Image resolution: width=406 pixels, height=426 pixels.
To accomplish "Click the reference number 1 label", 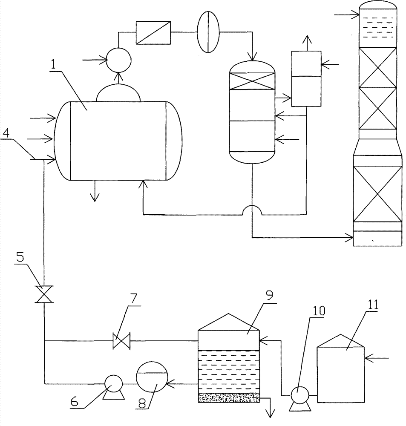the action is coord(53,64).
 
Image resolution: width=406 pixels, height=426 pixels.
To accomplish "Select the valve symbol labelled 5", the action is coord(44,294).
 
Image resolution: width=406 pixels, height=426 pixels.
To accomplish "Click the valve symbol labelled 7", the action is coord(121,340).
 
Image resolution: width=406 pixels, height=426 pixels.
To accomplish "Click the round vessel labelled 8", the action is coord(152,377).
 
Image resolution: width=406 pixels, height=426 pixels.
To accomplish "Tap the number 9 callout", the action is coord(269,295).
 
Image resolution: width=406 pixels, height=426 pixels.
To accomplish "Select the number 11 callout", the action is coord(373,305).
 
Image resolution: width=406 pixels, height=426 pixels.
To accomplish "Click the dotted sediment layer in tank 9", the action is coord(229,398).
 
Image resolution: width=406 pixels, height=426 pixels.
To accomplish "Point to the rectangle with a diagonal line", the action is coord(153,32).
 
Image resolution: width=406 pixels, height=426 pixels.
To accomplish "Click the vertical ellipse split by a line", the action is coord(208,32).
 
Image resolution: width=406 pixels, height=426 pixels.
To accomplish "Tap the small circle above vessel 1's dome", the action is coord(118,60).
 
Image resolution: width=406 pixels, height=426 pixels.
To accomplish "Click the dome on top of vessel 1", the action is coord(118,92).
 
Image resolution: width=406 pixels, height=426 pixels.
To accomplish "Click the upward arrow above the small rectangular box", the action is coord(307,43).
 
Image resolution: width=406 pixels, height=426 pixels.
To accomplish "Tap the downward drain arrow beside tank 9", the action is coord(270,408).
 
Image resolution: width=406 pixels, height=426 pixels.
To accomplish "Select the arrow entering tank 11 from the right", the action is coord(377,358).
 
